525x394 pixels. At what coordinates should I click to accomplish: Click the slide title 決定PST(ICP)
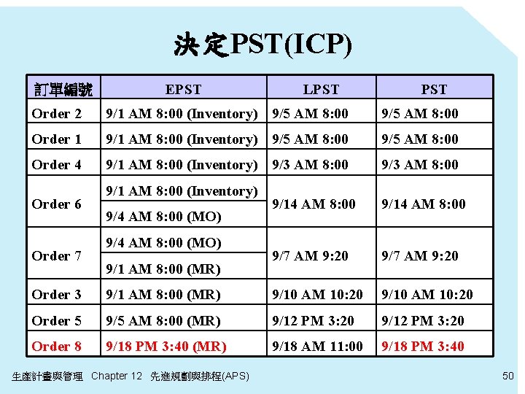pos(262,45)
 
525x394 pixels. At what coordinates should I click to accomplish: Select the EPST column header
pos(183,89)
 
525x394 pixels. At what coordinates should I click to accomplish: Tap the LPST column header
pos(321,89)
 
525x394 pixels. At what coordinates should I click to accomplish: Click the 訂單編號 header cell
pos(64,89)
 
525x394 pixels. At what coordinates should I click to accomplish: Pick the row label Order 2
pos(56,114)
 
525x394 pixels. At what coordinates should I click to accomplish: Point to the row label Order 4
pos(56,165)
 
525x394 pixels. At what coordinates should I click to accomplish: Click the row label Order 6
pos(56,204)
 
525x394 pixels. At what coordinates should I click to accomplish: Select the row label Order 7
pos(56,256)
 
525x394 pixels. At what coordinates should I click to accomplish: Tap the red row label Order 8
pos(56,346)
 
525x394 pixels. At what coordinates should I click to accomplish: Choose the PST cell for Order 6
pos(423,204)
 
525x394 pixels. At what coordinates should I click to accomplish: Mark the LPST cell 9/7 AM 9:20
pos(310,256)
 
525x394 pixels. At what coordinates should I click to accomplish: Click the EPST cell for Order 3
pos(163,295)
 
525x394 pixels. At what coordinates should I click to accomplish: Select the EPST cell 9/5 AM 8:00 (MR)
pos(163,320)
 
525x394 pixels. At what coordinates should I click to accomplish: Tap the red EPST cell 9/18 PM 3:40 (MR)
pos(166,346)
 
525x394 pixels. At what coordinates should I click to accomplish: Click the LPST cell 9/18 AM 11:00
pos(317,346)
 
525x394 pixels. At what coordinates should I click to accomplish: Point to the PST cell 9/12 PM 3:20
pos(422,320)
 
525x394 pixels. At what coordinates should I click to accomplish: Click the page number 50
pos(508,375)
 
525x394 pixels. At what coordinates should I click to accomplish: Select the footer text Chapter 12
pos(117,376)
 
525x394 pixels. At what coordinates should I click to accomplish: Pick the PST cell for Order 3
pos(427,295)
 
